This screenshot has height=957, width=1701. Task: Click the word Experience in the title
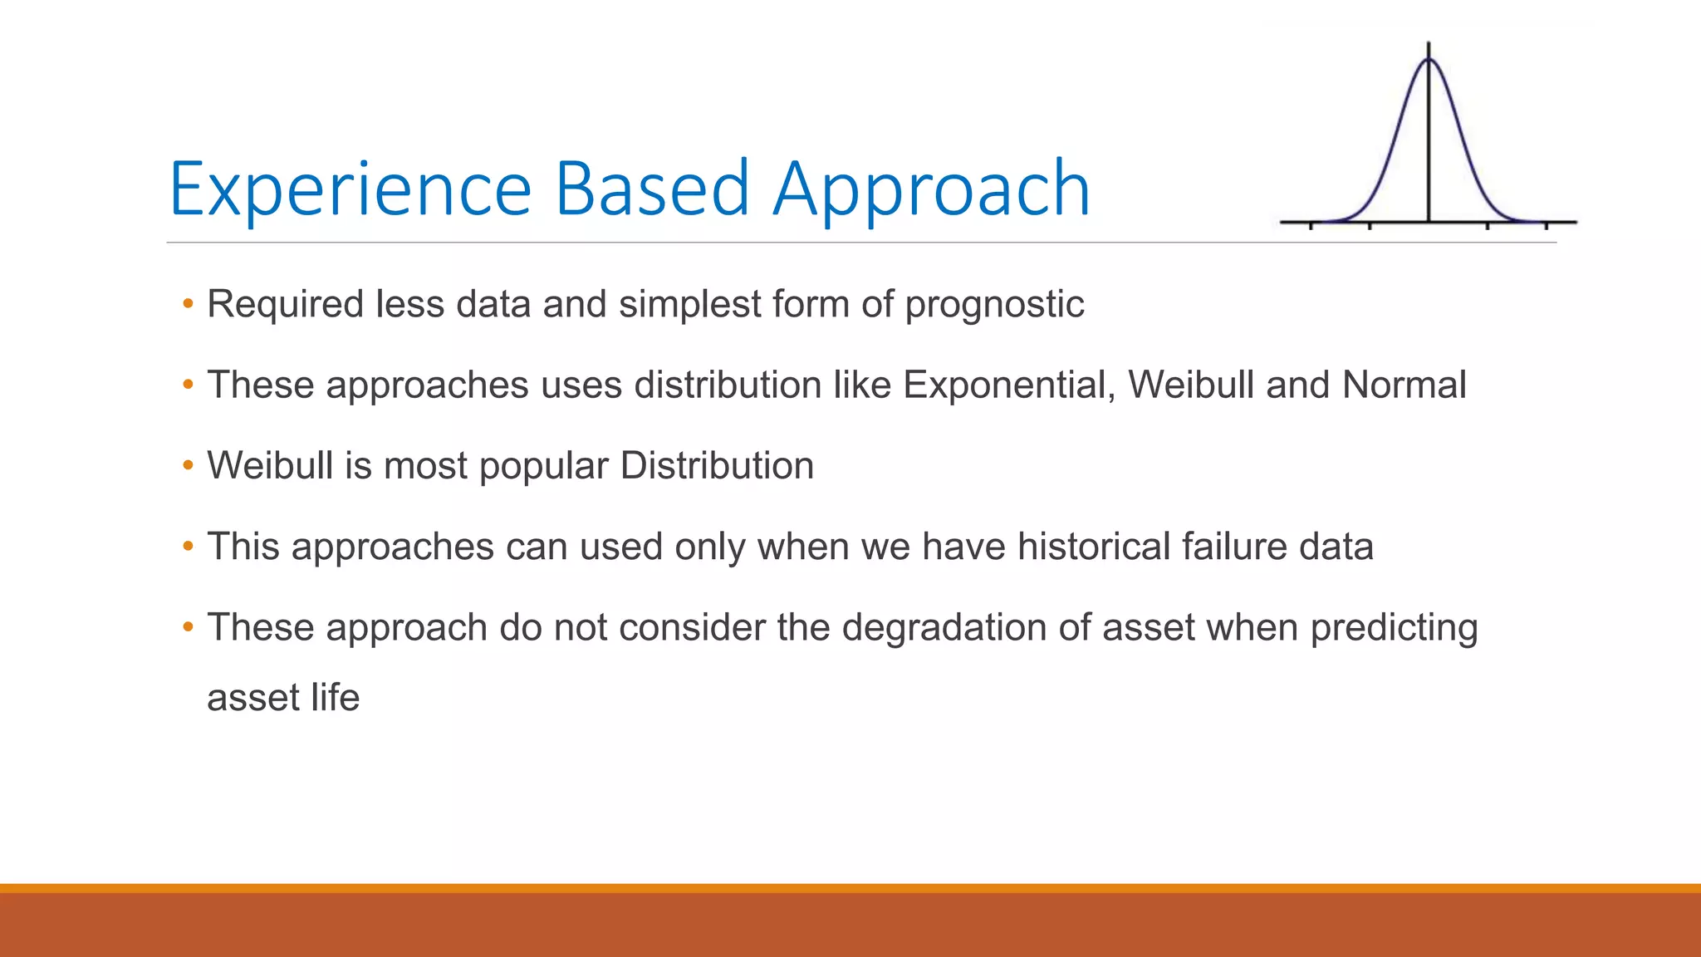[350, 189]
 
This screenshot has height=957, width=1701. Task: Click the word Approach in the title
[931, 189]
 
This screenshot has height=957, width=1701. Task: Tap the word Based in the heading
[652, 189]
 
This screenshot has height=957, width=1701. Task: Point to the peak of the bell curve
[1429, 60]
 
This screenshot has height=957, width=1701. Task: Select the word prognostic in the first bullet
[994, 304]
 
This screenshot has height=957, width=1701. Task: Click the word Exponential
[1009, 385]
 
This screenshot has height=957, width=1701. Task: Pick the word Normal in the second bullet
[1404, 385]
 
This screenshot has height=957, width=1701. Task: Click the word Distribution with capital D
[717, 466]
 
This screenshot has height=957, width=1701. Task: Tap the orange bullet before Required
[188, 304]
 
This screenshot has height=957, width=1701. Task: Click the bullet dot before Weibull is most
[188, 466]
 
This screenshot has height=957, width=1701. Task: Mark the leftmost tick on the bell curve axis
[1311, 225]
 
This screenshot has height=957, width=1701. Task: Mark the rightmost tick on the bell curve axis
[1546, 225]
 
